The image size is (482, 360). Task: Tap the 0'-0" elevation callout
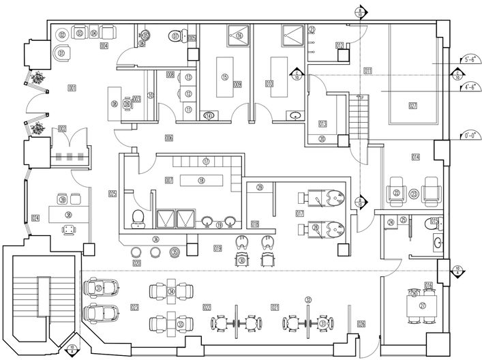pos(470,134)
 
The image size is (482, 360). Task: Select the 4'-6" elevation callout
pos(470,87)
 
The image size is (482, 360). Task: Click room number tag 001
pos(72,87)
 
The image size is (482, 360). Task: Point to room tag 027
pos(412,104)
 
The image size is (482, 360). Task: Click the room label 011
pos(368,71)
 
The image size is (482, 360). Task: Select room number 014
pos(415,157)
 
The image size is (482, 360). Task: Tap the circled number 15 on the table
pos(224,77)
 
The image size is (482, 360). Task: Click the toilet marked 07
pos(176,35)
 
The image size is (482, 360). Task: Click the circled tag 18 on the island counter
pos(201,181)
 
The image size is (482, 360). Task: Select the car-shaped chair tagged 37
pos(99,288)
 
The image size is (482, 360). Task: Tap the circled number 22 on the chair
pos(396,193)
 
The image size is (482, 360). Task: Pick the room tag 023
pos(134,307)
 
